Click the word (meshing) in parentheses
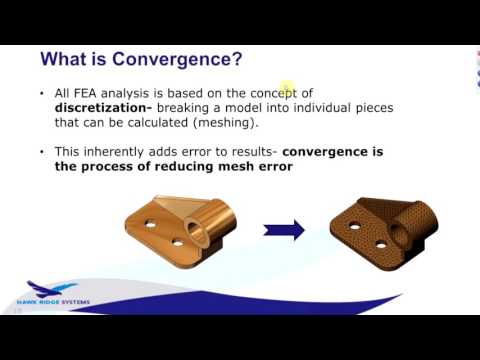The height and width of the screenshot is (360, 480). click(x=228, y=121)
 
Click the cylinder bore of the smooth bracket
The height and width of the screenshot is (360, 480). click(x=213, y=216)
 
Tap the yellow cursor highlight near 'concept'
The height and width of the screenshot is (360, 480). click(x=286, y=90)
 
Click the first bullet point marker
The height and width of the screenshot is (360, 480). click(x=41, y=93)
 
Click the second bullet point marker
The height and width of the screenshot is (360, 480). click(x=41, y=152)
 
